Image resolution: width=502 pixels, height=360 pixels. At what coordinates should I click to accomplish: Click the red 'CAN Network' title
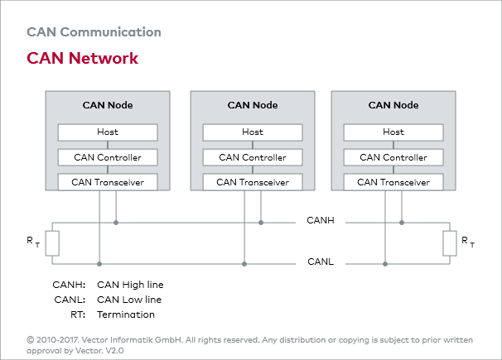pyautogui.click(x=82, y=59)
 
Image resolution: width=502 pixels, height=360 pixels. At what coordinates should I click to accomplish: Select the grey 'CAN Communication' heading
pyautogui.click(x=94, y=32)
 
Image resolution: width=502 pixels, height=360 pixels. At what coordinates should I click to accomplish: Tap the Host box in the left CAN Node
pyautogui.click(x=107, y=132)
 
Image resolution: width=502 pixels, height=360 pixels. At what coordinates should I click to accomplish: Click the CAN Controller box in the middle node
pyautogui.click(x=253, y=157)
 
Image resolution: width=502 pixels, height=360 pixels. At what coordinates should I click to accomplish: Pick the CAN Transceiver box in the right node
pyautogui.click(x=393, y=182)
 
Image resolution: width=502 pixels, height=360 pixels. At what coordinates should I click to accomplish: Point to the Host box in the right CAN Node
pyautogui.click(x=393, y=132)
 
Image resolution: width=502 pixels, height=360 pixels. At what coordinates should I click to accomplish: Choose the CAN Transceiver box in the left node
pyautogui.click(x=107, y=182)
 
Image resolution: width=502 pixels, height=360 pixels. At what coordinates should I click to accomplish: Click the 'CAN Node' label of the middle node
pyautogui.click(x=253, y=105)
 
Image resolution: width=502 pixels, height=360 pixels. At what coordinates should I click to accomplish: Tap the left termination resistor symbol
pyautogui.click(x=52, y=243)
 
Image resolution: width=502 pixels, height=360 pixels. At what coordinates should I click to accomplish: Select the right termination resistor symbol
pyautogui.click(x=450, y=243)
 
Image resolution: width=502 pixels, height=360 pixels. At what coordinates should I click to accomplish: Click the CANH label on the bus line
pyautogui.click(x=321, y=222)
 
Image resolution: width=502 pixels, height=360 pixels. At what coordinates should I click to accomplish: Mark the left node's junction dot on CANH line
pyautogui.click(x=116, y=222)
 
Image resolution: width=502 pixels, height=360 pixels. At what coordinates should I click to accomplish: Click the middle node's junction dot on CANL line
pyautogui.click(x=244, y=264)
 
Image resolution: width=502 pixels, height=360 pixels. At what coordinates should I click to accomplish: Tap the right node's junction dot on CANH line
pyautogui.click(x=402, y=222)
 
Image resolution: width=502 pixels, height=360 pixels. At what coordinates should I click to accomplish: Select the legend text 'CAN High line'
pyautogui.click(x=130, y=285)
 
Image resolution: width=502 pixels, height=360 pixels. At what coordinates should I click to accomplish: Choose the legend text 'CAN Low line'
pyautogui.click(x=129, y=300)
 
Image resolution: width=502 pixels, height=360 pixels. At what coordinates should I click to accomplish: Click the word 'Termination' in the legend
pyautogui.click(x=126, y=314)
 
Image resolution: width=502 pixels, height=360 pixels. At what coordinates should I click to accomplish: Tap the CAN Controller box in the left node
pyautogui.click(x=107, y=157)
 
